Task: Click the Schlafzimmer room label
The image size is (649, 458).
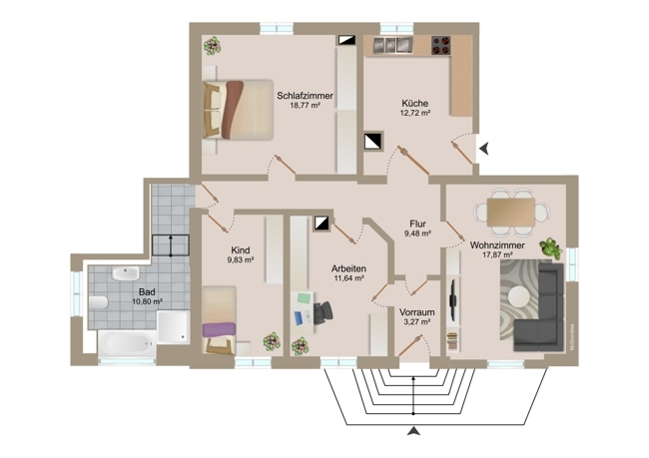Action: [305, 96]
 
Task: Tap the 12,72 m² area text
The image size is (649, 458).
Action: [414, 113]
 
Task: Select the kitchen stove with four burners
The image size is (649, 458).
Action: [440, 45]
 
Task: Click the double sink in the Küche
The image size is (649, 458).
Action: [393, 45]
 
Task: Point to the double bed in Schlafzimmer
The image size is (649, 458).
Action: [238, 110]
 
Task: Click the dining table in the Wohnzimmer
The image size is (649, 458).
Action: [511, 213]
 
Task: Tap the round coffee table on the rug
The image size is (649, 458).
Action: [519, 296]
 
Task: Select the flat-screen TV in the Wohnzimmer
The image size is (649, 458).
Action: [453, 300]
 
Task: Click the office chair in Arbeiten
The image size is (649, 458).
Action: [323, 312]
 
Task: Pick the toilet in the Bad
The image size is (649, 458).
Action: [98, 302]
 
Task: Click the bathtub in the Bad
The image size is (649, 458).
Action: [127, 344]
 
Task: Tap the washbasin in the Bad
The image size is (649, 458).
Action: [126, 273]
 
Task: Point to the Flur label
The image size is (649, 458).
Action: [417, 225]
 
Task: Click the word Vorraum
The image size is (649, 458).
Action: [416, 312]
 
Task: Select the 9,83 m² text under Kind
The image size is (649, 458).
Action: [240, 259]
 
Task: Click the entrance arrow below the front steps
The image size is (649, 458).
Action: [413, 431]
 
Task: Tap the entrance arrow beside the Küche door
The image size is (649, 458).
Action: [484, 148]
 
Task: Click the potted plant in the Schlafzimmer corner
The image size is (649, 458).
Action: [213, 46]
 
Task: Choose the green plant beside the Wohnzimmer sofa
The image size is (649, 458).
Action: [551, 248]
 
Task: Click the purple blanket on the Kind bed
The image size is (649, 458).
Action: [219, 329]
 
